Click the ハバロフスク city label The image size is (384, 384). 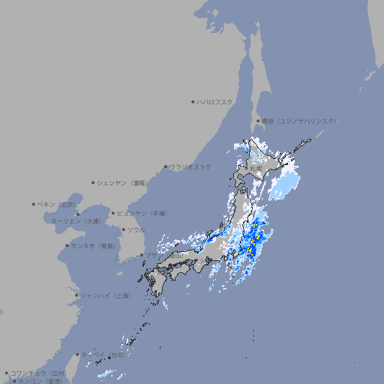tap(215, 101)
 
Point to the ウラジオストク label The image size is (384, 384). tap(190, 166)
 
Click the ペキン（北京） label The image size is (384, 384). tap(57, 204)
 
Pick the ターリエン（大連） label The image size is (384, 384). tap(75, 221)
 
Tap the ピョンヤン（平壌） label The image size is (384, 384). tap(142, 213)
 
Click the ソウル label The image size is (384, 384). tap(136, 229)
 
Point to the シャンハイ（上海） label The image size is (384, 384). tap(105, 295)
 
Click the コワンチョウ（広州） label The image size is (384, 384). tap(38, 373)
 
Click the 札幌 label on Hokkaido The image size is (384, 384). tap(257, 167)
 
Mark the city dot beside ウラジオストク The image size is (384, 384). tap(166, 166)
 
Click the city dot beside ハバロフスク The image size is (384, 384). tap(193, 101)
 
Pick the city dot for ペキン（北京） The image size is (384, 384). tap(34, 204)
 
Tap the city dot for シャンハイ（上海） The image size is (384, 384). tap(76, 295)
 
